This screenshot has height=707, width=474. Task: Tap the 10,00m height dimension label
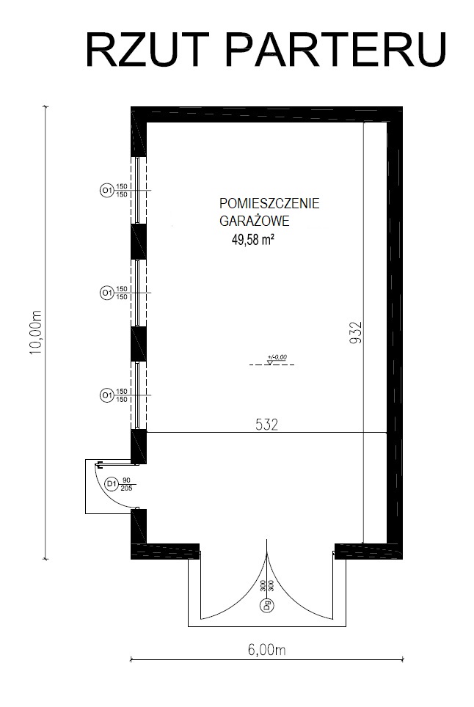[x=36, y=331]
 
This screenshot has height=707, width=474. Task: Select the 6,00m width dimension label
[x=266, y=650]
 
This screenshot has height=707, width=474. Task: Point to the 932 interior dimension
[x=356, y=333]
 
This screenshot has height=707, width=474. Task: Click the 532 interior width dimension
[x=266, y=425]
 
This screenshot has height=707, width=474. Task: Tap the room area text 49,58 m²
[x=253, y=240]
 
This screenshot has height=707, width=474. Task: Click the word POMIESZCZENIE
[x=269, y=203]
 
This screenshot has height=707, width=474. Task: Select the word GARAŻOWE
[x=254, y=221]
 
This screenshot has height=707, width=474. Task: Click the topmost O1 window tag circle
[x=106, y=191]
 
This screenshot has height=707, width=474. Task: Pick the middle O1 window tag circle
[x=106, y=293]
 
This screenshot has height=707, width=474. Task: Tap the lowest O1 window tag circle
[x=106, y=395]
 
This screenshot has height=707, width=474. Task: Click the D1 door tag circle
[x=112, y=484]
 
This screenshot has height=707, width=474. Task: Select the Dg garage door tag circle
[x=266, y=604]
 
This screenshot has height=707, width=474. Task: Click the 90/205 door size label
[x=127, y=484]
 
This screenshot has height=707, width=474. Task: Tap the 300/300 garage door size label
[x=266, y=586]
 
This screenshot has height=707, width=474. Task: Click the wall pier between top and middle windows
[x=139, y=241]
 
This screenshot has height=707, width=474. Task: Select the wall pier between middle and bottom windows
[x=139, y=343]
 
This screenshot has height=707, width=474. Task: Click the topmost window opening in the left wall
[x=139, y=190]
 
